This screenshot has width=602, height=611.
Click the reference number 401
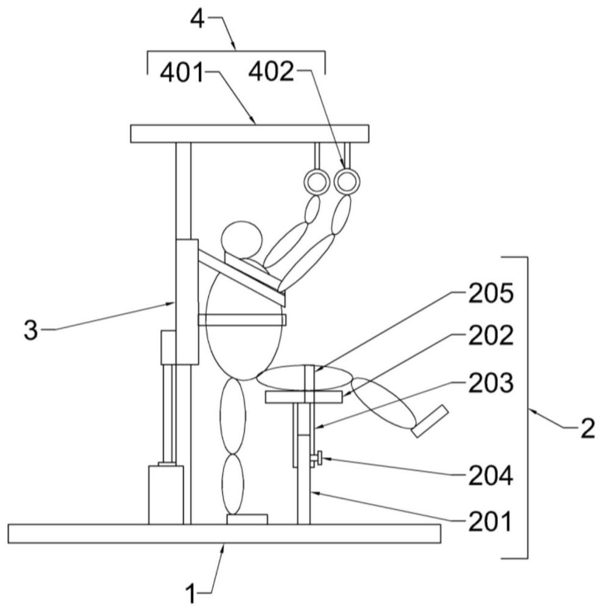coord(182,73)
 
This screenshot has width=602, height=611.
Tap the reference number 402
coord(271,72)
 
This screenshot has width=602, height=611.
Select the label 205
coord(491,293)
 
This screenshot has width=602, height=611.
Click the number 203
coord(491,382)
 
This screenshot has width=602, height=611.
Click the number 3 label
coord(31,331)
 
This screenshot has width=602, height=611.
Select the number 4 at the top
coord(197,19)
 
